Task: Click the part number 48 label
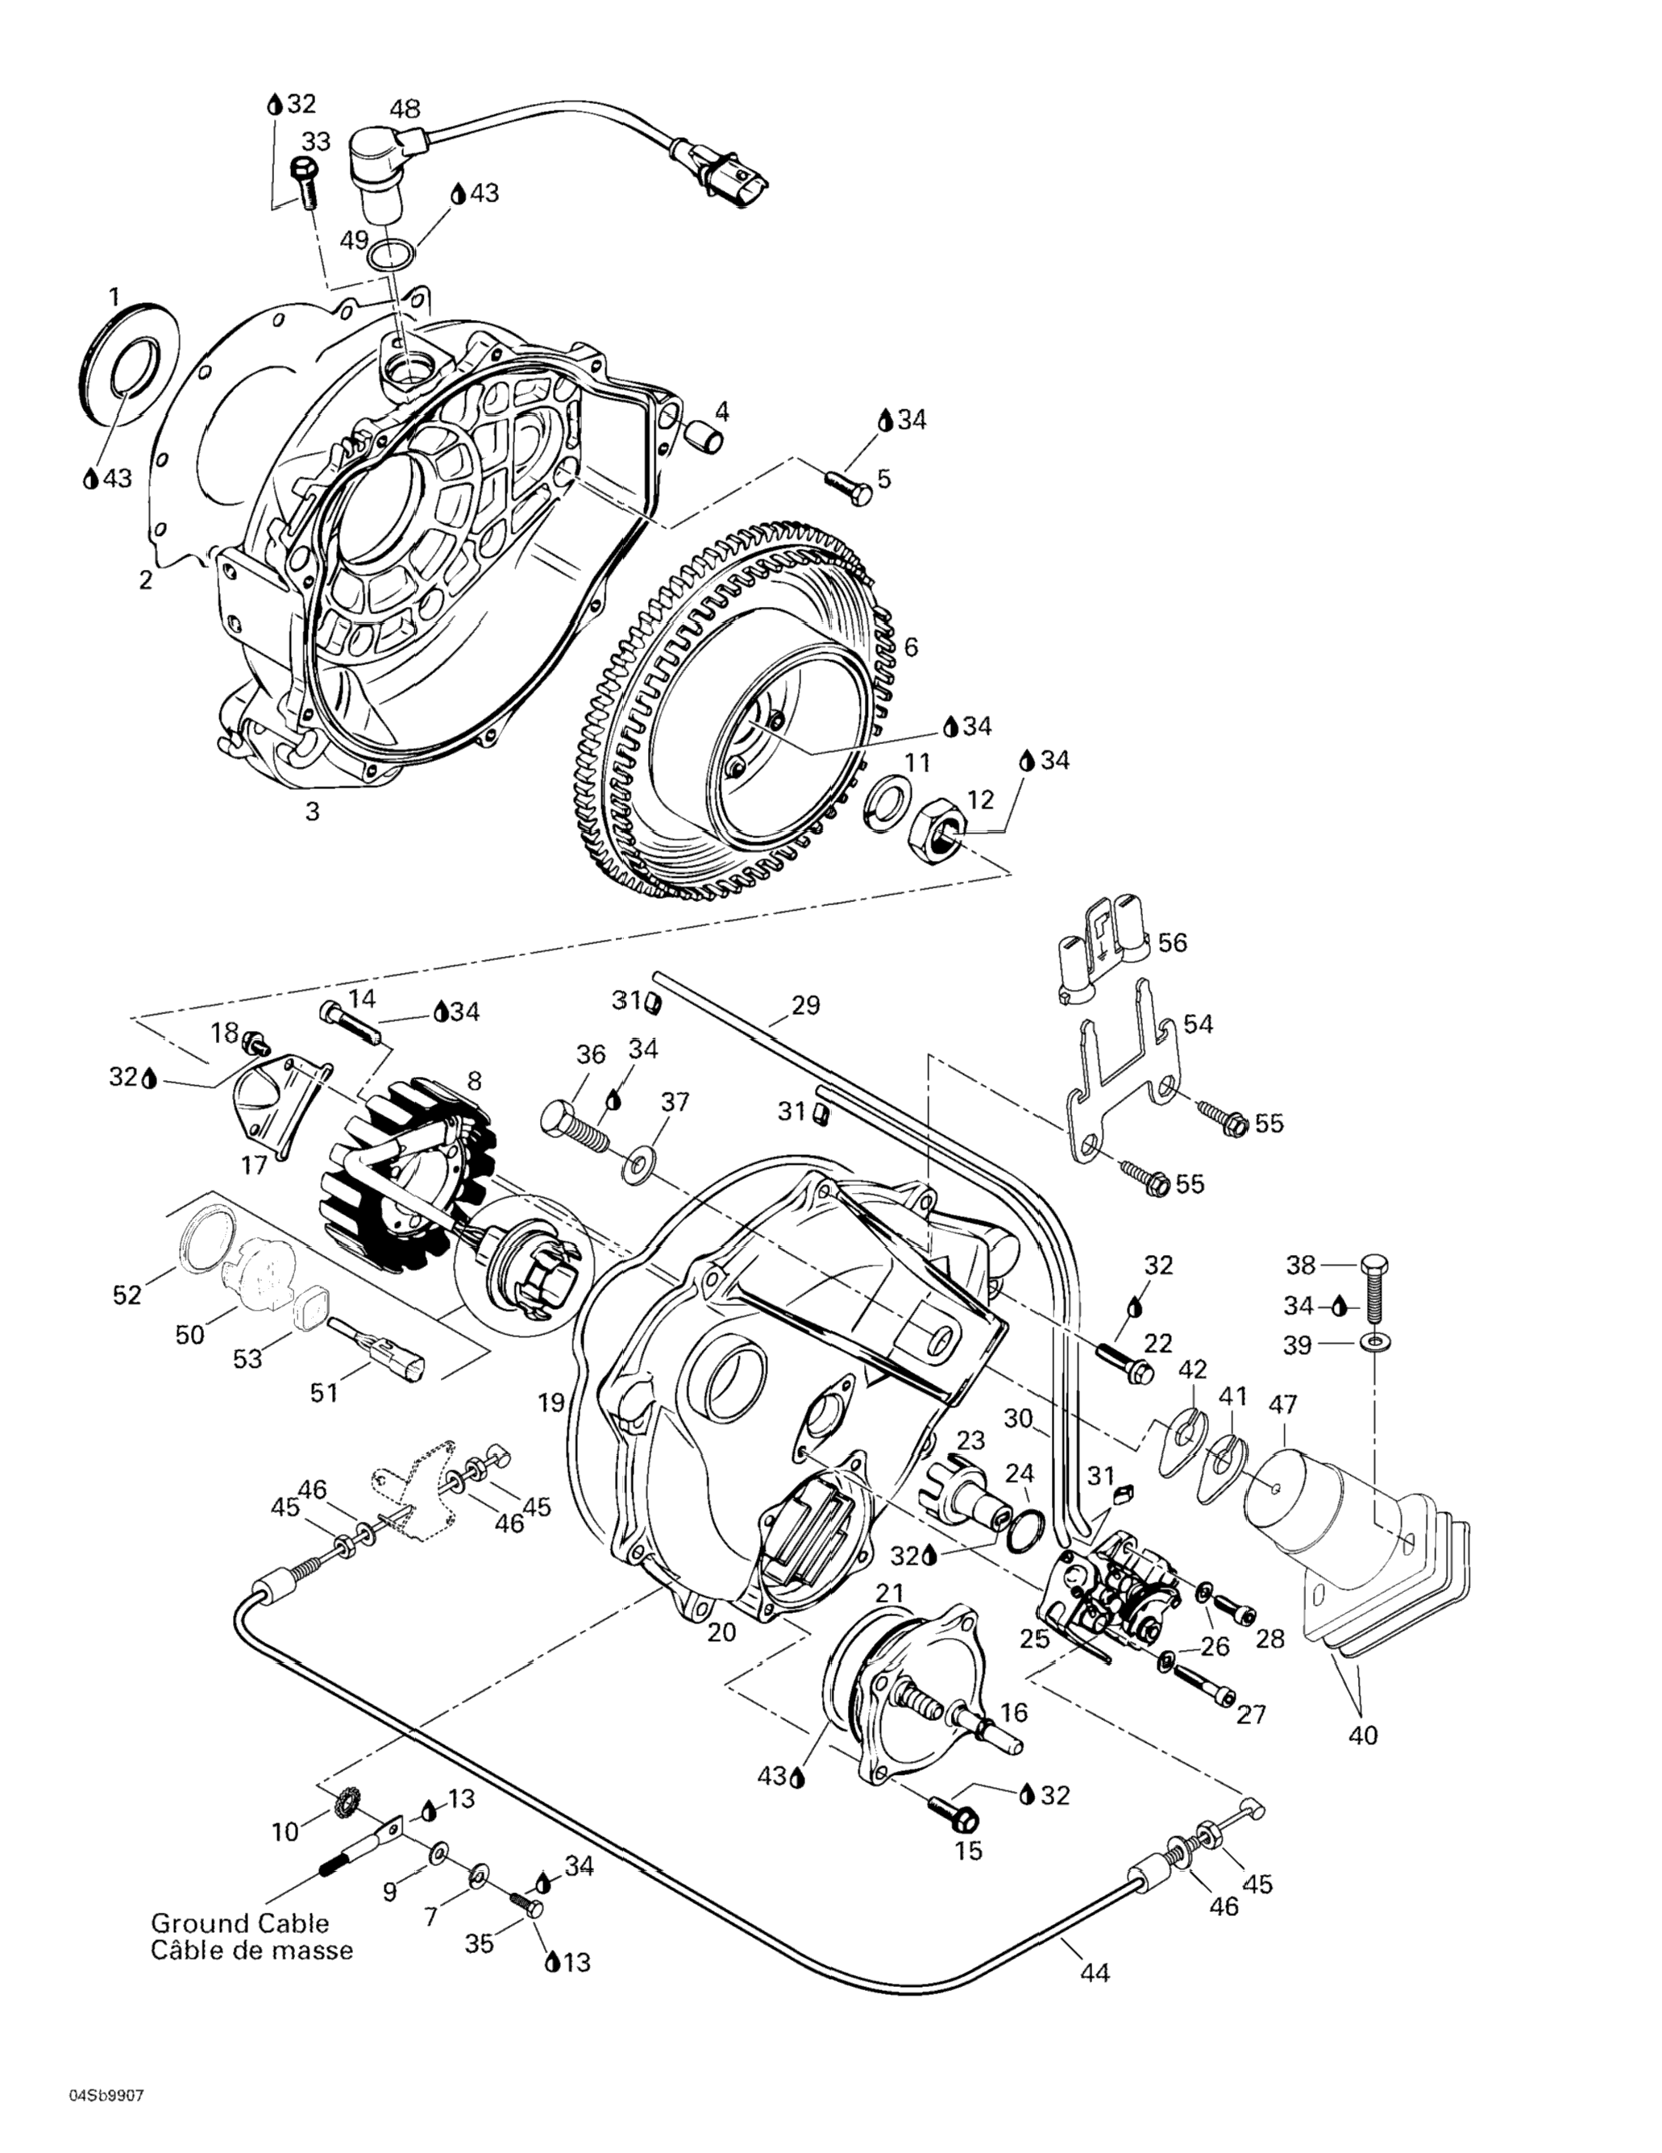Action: [404, 109]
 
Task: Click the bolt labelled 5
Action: [846, 486]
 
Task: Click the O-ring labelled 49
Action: [390, 256]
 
